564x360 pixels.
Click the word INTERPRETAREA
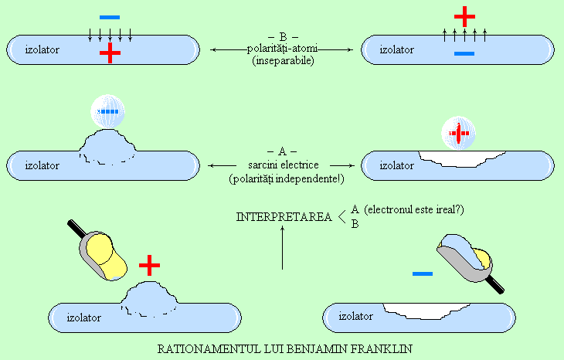click(284, 217)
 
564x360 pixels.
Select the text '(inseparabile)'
click(283, 60)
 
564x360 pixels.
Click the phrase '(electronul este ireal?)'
click(414, 209)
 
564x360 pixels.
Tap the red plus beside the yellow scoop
click(149, 266)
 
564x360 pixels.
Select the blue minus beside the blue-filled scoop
click(423, 273)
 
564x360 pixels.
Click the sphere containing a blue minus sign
click(107, 111)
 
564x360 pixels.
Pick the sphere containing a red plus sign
click(458, 133)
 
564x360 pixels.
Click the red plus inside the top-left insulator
click(110, 53)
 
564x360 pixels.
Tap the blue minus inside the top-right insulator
click(464, 53)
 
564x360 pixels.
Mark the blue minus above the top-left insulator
click(110, 17)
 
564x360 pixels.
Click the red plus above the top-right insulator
click(464, 16)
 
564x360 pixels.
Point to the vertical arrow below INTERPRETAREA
click(282, 247)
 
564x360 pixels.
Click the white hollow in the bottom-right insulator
click(426, 311)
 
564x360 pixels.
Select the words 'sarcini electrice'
click(284, 165)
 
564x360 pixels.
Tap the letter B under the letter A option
click(355, 224)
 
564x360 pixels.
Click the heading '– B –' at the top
click(283, 36)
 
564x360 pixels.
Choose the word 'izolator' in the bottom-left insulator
click(83, 318)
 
